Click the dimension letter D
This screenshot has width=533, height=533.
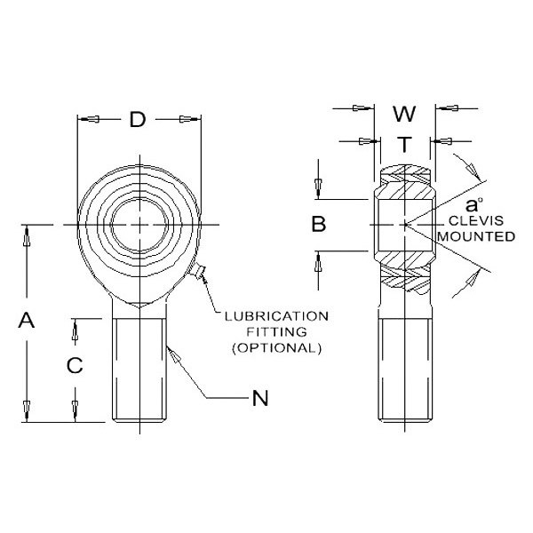137,120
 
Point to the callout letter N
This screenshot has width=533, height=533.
259,399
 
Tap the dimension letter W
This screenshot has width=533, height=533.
403,114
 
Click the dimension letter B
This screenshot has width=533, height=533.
318,225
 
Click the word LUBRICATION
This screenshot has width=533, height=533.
276,316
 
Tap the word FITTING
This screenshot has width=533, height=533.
275,331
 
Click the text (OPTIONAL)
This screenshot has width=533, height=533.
276,347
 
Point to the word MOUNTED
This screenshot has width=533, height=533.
479,237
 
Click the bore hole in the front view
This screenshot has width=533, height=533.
139,226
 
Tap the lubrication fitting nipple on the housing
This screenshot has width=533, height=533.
199,274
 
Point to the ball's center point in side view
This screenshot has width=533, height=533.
404,225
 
